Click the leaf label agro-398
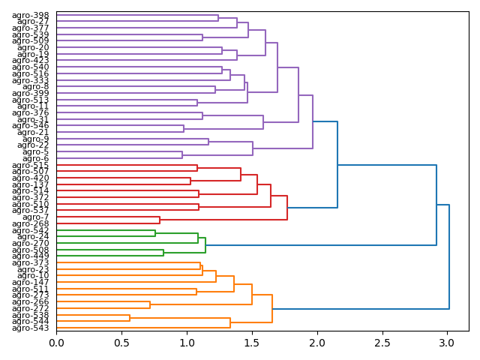pos(31,15)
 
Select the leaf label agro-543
pos(31,328)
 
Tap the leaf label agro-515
pos(31,165)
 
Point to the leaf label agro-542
pos(31,230)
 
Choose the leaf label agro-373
pos(31,262)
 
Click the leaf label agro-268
pos(31,223)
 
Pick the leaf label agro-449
pos(31,256)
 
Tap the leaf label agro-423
pos(31,61)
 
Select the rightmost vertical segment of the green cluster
pos(205,245)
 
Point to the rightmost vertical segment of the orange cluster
pos(272,308)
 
